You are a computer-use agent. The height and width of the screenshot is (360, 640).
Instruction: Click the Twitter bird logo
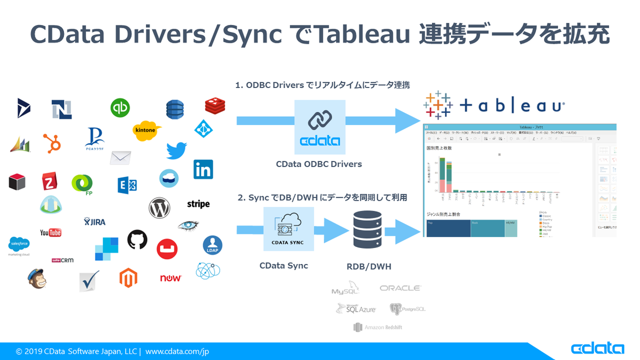coord(176,151)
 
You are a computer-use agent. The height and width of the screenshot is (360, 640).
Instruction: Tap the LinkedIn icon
coord(203,170)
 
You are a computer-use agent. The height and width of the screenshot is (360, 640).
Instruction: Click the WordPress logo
coord(159,207)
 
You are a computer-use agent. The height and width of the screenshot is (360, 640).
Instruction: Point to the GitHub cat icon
coord(137,240)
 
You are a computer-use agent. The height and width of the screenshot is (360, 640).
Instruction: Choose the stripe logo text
coord(198,204)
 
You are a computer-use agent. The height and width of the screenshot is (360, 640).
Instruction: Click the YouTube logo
coord(51,232)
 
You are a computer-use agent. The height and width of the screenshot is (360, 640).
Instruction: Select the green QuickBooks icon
coord(120,108)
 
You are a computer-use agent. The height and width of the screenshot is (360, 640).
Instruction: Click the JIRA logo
coord(94,221)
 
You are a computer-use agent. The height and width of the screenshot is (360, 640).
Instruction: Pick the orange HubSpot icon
coord(52,143)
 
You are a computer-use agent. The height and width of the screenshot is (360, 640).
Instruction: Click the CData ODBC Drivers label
coord(319,164)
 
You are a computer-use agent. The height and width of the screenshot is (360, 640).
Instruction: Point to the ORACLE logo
coord(400,288)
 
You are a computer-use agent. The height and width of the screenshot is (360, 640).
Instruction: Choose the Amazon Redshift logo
coord(378,327)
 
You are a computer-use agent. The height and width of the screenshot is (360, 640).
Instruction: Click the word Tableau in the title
coord(362,35)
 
